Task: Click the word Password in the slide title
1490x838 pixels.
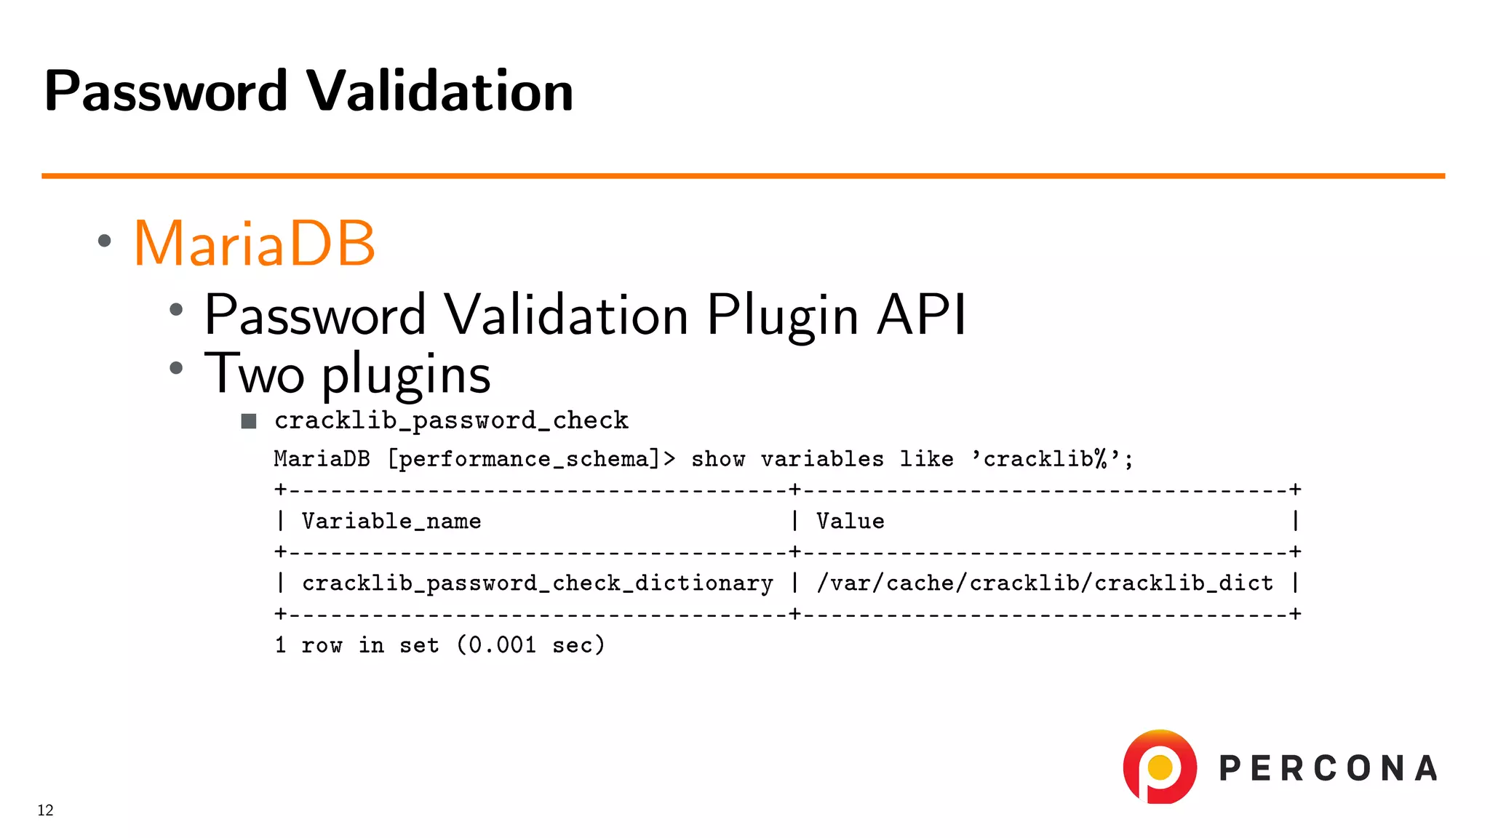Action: [166, 91]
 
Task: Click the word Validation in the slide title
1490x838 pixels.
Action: [439, 91]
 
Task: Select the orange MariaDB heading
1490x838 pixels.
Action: [254, 243]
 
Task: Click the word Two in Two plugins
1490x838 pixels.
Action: [254, 374]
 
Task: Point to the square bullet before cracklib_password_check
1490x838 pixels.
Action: [249, 421]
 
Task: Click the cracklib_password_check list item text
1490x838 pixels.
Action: [451, 420]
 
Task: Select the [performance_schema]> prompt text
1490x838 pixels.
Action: [531, 459]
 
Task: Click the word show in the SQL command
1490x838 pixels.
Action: [717, 459]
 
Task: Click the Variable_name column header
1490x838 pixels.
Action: [391, 521]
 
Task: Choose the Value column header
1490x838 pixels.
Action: [850, 521]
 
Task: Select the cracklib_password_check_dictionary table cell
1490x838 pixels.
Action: [537, 583]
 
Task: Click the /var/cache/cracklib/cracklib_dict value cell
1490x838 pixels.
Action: [1044, 583]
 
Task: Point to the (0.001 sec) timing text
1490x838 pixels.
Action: [530, 645]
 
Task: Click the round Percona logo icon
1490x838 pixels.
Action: [1160, 767]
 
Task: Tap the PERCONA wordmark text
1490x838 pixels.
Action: [1328, 769]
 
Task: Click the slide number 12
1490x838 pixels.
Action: [45, 810]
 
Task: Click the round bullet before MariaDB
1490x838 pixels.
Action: [105, 241]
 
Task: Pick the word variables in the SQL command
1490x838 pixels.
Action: [822, 459]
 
